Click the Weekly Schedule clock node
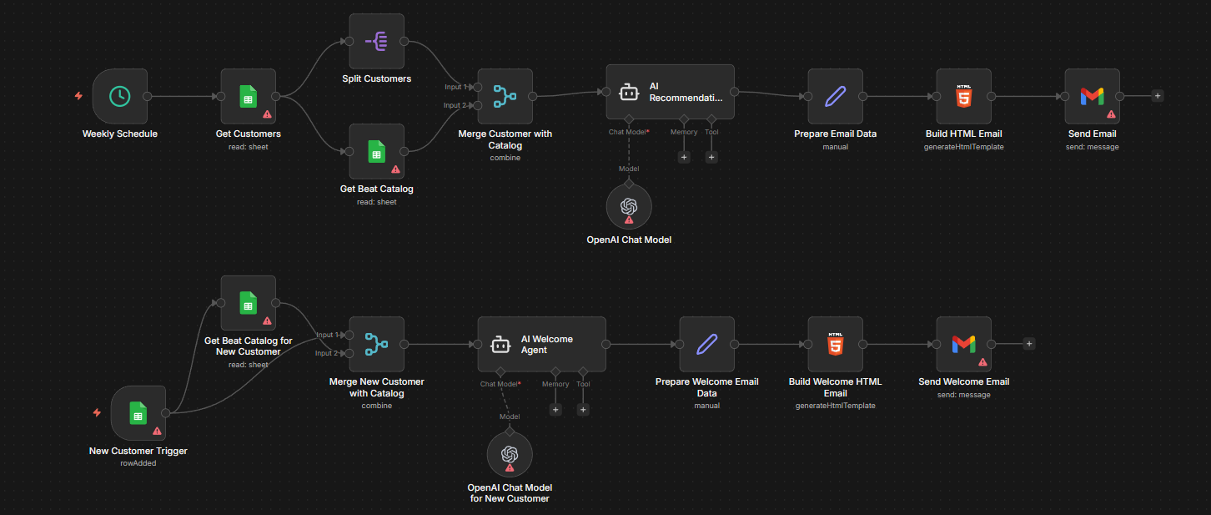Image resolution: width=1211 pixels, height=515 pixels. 120,96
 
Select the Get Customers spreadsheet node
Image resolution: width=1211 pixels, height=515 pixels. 248,96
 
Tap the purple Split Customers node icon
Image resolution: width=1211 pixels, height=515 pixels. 376,41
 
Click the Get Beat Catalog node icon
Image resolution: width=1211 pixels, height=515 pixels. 376,151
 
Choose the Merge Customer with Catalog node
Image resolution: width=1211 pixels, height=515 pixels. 505,96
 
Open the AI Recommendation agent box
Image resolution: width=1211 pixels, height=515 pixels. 670,92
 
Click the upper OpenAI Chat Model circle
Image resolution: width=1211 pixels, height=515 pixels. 629,206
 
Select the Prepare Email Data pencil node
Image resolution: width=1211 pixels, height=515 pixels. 835,96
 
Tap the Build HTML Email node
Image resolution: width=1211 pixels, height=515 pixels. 963,96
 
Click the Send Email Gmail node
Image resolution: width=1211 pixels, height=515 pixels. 1092,96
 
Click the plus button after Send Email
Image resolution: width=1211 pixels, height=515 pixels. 1158,96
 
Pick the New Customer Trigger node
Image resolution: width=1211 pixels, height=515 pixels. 138,413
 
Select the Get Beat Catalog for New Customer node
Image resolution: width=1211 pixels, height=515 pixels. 248,303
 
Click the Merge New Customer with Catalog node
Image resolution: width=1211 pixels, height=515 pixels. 376,344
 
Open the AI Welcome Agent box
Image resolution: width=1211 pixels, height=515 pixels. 541,344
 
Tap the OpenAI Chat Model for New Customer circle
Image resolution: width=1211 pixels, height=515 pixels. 509,454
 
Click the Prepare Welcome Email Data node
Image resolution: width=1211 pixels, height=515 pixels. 706,344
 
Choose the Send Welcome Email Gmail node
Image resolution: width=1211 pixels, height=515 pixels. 963,344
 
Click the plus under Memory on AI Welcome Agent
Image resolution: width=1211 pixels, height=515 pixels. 555,409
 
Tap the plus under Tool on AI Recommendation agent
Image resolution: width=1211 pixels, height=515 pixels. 711,157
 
